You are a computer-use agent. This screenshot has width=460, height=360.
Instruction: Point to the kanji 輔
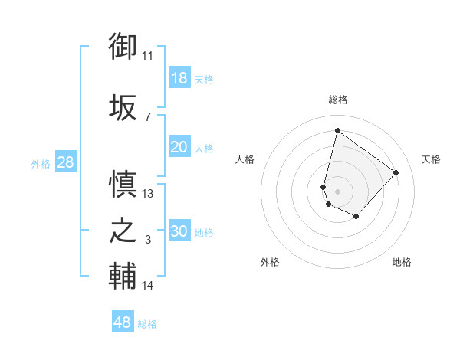123,277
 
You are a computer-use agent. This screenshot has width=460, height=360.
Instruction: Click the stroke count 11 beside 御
148,56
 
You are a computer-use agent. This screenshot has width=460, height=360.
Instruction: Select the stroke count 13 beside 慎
148,194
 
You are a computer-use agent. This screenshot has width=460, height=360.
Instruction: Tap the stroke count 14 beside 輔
148,286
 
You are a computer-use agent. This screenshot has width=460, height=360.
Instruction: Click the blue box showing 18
179,77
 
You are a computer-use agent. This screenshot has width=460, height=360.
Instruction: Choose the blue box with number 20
179,146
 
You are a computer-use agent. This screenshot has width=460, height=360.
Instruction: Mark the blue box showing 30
179,231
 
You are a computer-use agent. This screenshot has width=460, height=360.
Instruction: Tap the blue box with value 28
64,162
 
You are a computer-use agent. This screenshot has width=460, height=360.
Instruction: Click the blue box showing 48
123,322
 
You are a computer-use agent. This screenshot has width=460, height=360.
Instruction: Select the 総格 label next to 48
147,324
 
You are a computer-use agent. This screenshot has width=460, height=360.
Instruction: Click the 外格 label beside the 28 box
41,163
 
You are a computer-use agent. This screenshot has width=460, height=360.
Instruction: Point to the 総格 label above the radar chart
337,100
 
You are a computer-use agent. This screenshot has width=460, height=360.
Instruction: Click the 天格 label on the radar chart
431,159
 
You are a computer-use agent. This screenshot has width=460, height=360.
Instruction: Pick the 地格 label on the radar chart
402,262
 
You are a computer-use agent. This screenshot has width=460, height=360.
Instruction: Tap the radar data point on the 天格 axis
396,172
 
